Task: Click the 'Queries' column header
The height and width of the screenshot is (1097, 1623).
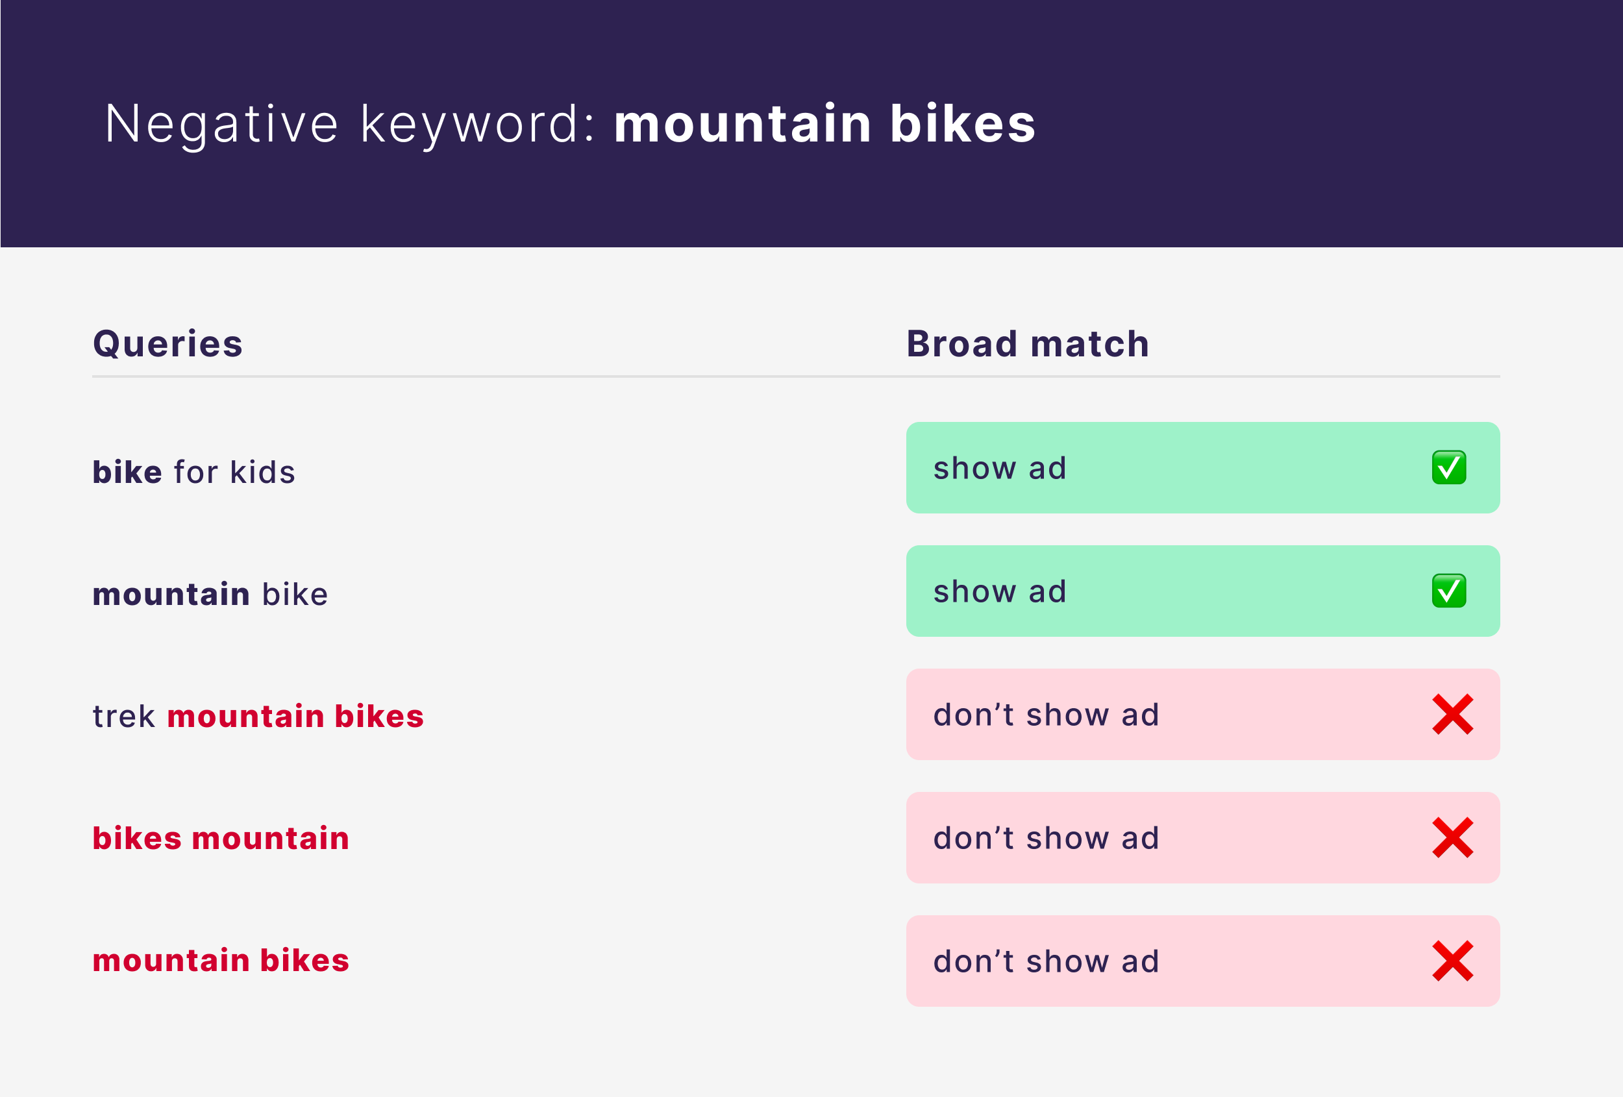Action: pos(167,344)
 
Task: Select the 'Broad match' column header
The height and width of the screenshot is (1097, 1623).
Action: pos(1027,343)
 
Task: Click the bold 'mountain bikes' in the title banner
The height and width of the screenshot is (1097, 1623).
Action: pos(824,123)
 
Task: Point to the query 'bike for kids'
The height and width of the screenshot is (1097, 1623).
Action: pos(193,472)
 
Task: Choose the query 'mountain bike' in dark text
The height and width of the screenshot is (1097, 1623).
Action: pos(210,594)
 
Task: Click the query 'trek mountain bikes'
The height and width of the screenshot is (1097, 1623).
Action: pos(258,717)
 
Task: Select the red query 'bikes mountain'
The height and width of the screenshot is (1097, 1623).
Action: pos(221,838)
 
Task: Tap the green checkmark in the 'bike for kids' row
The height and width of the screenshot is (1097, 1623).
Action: pos(1449,467)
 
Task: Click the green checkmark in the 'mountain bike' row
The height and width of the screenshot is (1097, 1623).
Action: pos(1449,591)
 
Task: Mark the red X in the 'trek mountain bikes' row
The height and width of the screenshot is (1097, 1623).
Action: pos(1453,714)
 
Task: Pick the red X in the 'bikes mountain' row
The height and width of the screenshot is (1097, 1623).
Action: pos(1453,837)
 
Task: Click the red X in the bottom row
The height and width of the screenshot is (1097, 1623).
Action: pos(1453,961)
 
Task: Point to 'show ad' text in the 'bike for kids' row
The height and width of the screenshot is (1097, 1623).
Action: pos(1000,468)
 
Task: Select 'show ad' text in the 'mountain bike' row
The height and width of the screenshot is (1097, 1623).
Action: pos(1000,591)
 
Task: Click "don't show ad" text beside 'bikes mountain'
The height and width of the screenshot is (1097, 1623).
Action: pos(1046,838)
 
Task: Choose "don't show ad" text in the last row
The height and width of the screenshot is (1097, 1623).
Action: pos(1046,961)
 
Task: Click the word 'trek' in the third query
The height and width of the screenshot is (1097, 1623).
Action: pos(123,717)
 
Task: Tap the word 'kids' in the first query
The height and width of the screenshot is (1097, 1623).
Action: pos(262,472)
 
